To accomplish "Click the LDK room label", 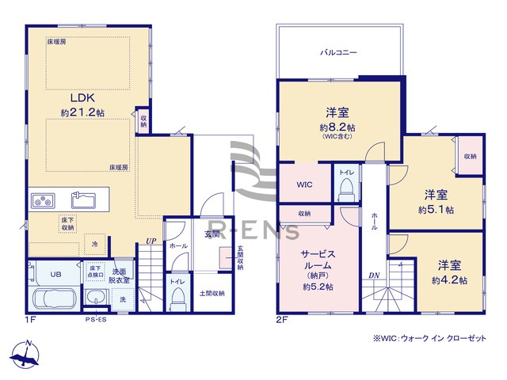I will click(82, 97).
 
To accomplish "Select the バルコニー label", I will click(338, 52).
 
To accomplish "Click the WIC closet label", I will click(305, 184).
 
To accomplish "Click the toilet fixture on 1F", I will click(177, 295).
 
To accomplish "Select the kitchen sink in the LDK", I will click(84, 198).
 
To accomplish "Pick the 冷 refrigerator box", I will click(95, 245).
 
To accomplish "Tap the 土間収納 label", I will click(212, 293).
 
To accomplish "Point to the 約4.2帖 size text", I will click(449, 280).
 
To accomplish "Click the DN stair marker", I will click(373, 275).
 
